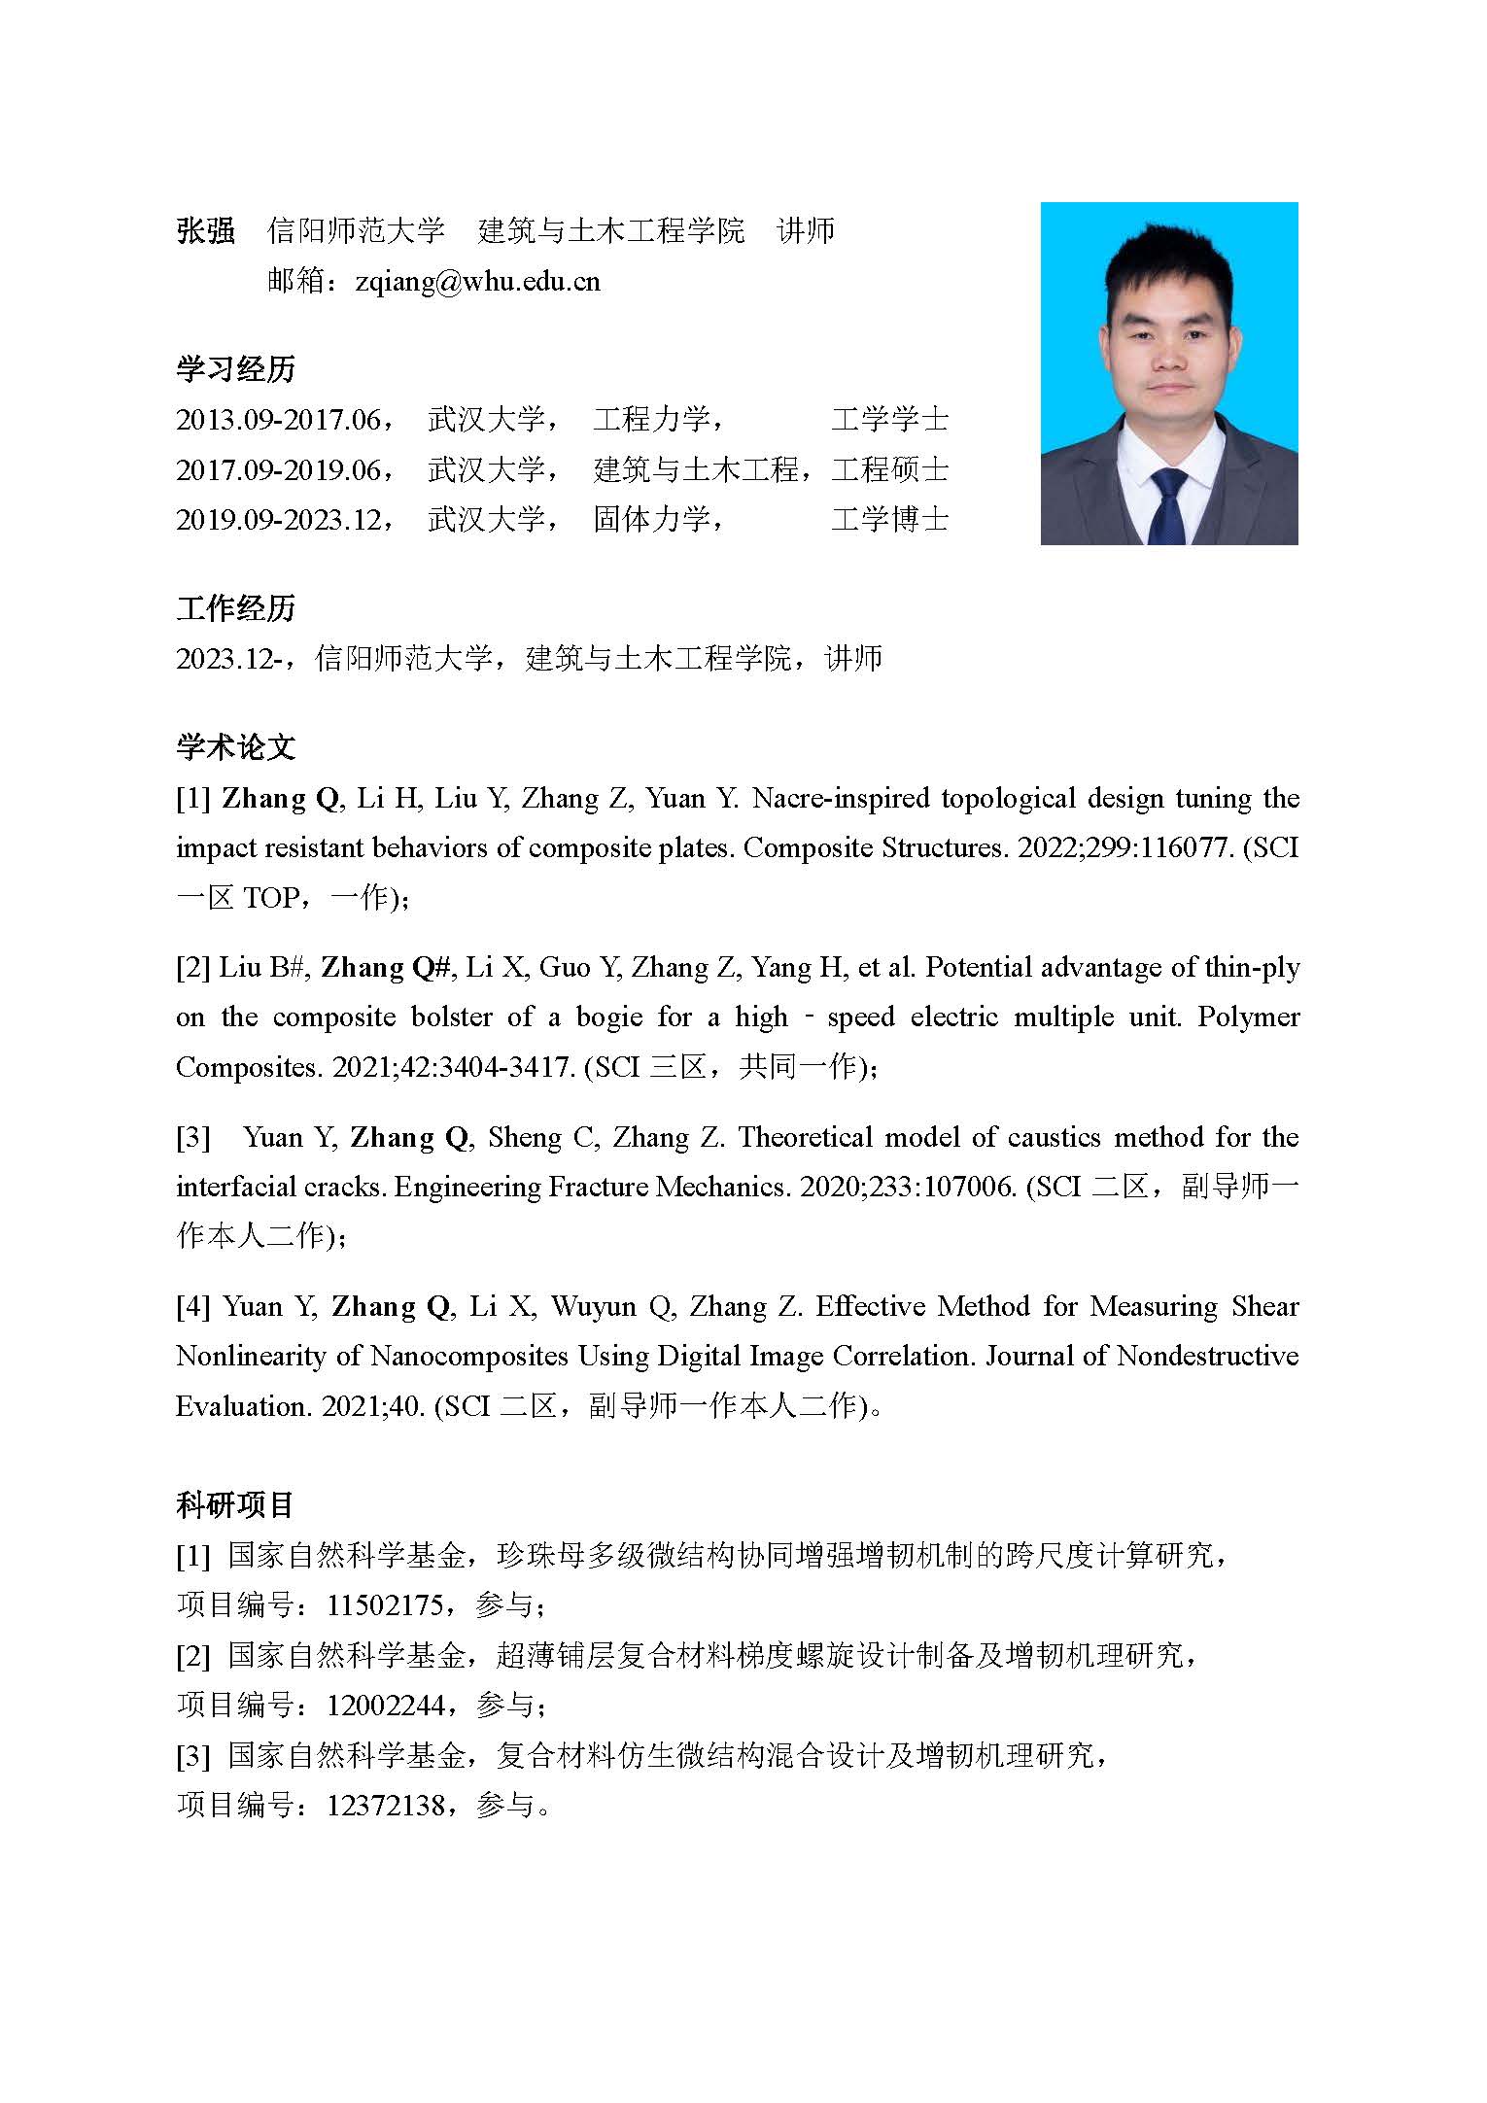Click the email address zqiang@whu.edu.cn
click(x=477, y=282)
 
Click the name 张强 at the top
click(x=205, y=231)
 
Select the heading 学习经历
click(x=235, y=369)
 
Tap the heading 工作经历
click(x=235, y=608)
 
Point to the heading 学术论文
click(x=235, y=747)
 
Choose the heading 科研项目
click(x=235, y=1505)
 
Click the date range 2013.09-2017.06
click(x=279, y=420)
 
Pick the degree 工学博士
click(x=889, y=520)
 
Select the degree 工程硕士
click(x=889, y=470)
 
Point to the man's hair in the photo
click(x=1161, y=258)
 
